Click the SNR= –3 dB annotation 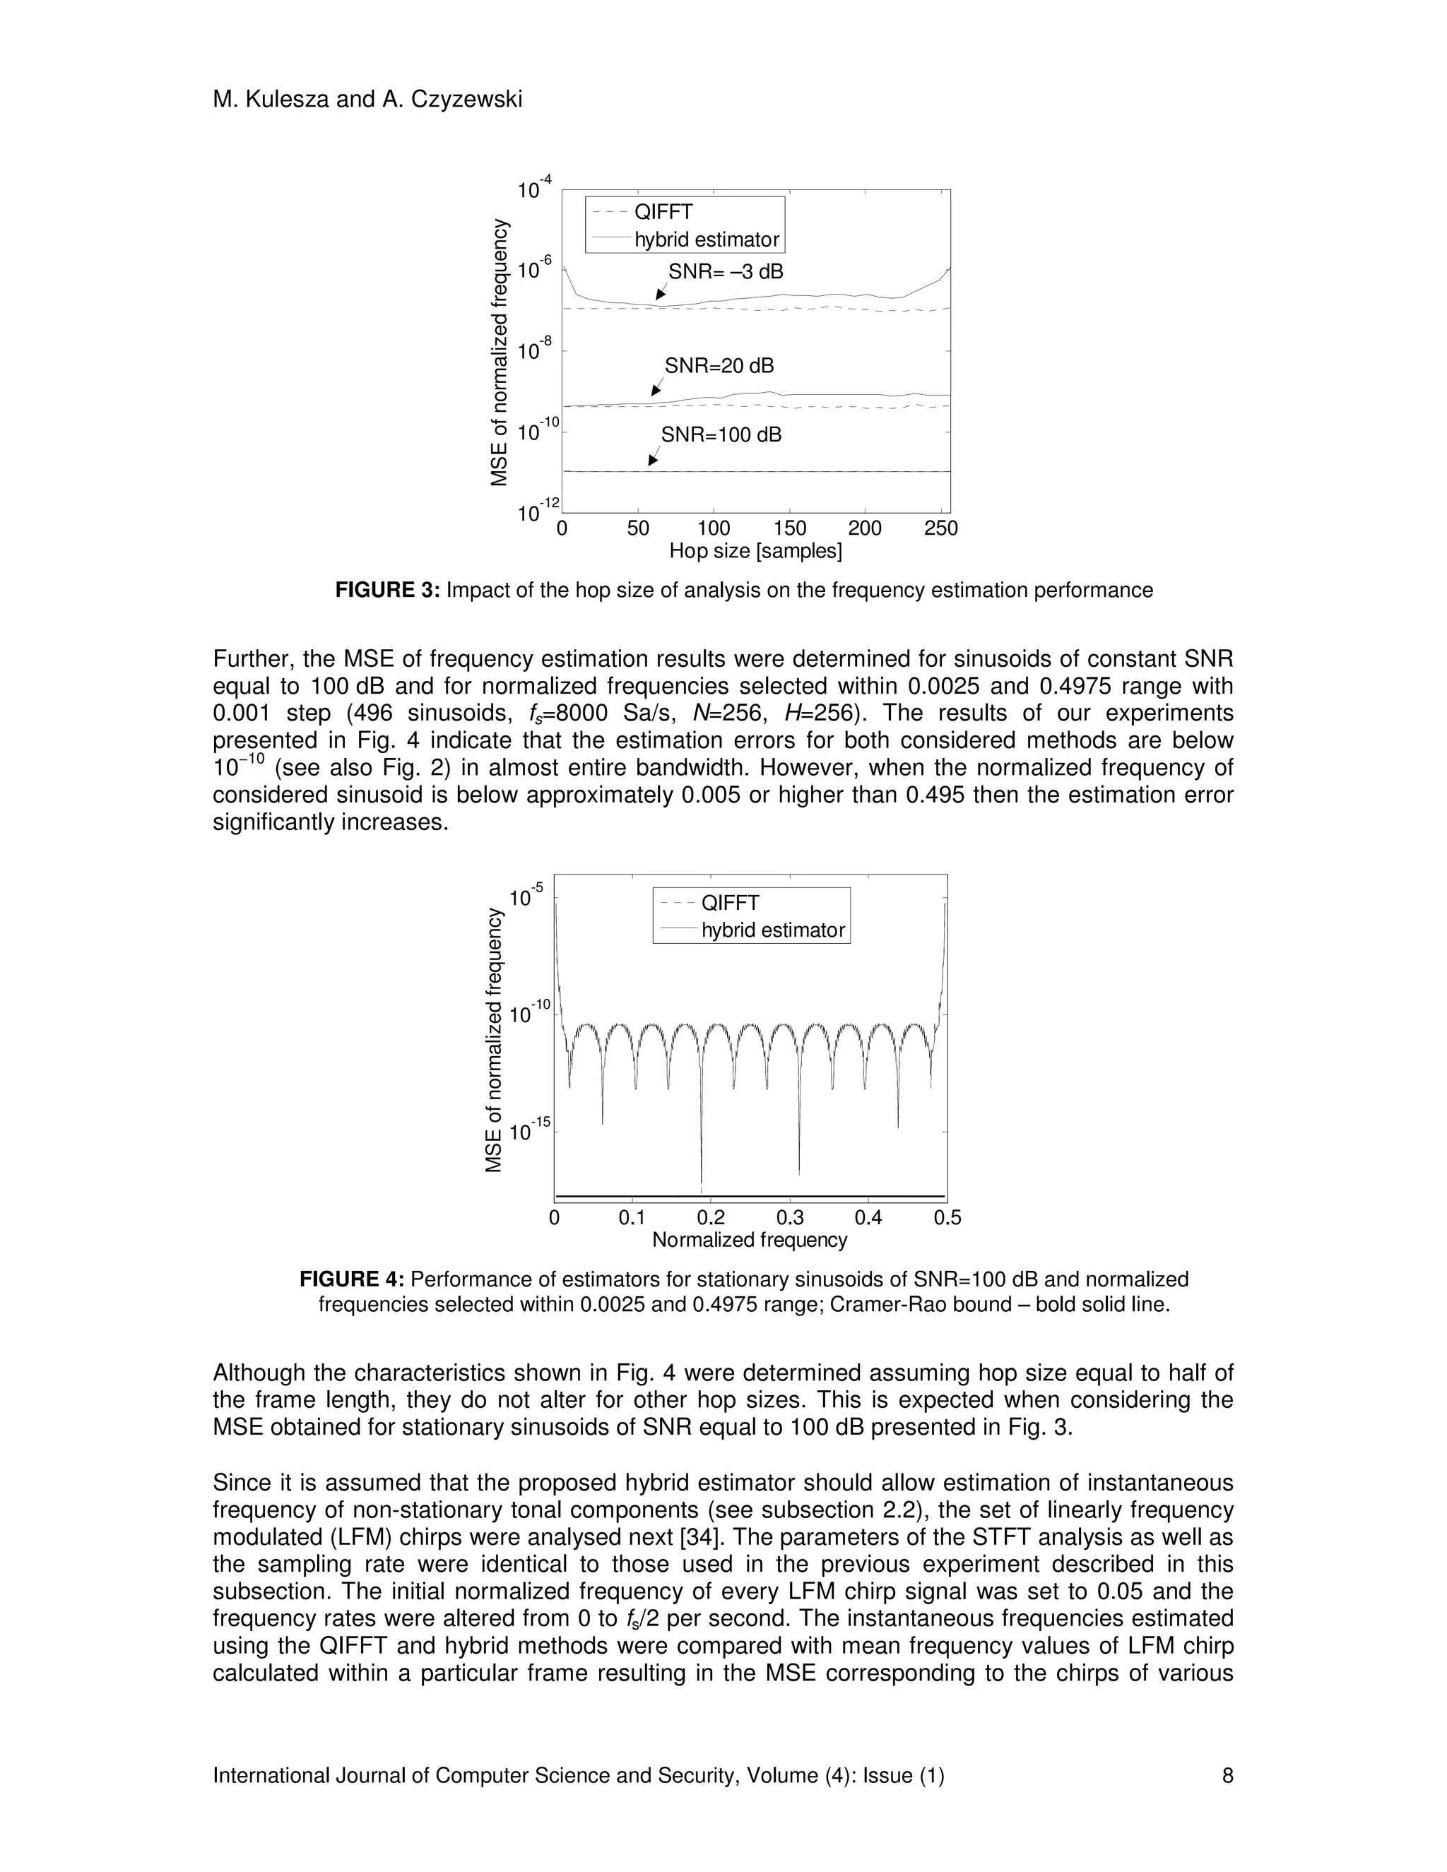point(725,272)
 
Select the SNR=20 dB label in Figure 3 point(719,366)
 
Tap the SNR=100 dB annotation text point(721,434)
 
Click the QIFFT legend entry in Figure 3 point(663,213)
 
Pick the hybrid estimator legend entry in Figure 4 point(772,930)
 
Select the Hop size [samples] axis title point(755,551)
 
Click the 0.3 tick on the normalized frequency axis point(789,1217)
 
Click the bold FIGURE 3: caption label point(386,591)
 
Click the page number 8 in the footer point(1227,1775)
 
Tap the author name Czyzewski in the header point(466,100)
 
